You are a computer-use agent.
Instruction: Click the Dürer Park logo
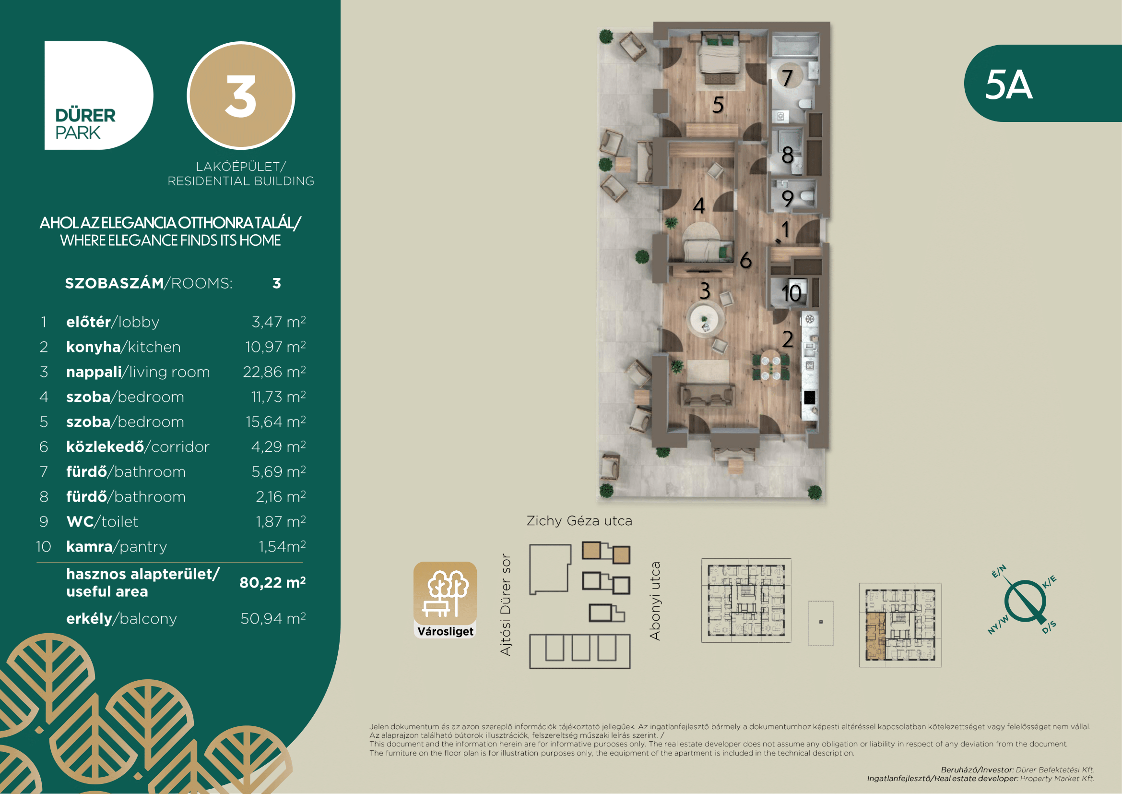[x=98, y=95]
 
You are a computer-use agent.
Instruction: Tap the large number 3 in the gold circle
[x=240, y=96]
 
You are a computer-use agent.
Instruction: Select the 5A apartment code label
[x=1009, y=84]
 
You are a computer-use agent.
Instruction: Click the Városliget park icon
[x=445, y=600]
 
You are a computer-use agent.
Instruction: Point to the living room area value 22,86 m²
[x=274, y=372]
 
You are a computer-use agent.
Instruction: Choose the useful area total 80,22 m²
[x=272, y=582]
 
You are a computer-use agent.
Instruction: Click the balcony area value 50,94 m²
[x=272, y=618]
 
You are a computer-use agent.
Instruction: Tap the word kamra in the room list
[x=89, y=546]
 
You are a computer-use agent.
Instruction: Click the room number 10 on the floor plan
[x=791, y=293]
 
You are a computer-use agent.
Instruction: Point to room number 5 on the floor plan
[x=718, y=105]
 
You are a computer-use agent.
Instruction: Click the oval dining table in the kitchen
[x=771, y=368]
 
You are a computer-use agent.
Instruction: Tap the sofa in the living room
[x=707, y=395]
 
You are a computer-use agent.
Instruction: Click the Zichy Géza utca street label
[x=579, y=521]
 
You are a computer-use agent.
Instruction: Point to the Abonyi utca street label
[x=655, y=601]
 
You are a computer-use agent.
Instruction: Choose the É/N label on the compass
[x=999, y=571]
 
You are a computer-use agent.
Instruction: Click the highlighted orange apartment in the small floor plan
[x=875, y=636]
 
